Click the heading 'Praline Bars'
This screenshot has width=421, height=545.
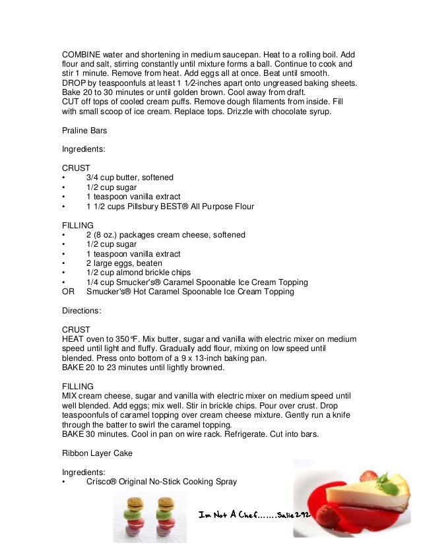coord(84,131)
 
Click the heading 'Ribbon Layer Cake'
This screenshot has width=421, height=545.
coord(95,453)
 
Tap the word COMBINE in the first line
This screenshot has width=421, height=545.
coord(82,55)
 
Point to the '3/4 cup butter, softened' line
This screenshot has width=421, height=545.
coord(129,177)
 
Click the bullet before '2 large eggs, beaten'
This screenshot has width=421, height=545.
coord(63,263)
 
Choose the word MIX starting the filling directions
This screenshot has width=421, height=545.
coord(70,395)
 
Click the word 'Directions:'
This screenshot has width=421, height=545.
coord(82,310)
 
